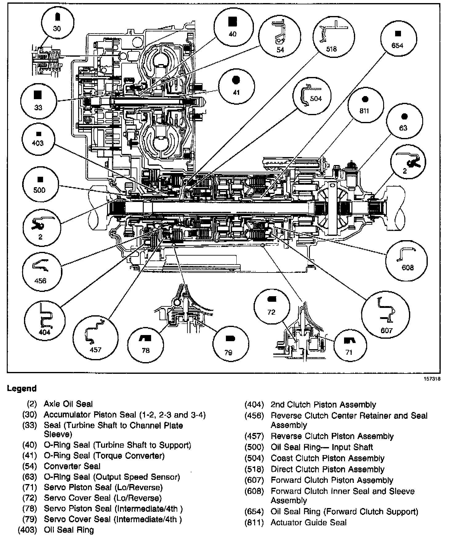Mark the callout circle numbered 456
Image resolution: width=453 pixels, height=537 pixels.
click(x=41, y=271)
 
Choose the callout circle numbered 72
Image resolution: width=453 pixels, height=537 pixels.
click(x=271, y=306)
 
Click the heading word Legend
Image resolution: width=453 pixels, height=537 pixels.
click(x=22, y=389)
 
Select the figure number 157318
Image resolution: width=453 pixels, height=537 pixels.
click(x=432, y=379)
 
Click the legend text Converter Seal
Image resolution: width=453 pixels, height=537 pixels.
click(x=72, y=466)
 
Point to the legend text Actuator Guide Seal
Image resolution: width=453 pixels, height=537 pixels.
click(x=308, y=523)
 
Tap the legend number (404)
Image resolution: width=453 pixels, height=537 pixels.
click(x=254, y=405)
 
